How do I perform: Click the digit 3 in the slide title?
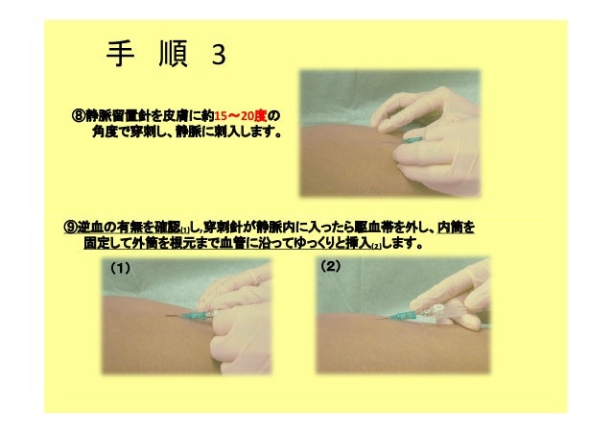point(219,55)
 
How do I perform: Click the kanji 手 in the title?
point(120,54)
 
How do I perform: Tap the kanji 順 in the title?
point(174,54)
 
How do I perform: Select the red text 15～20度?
point(241,116)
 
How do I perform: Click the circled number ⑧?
point(79,116)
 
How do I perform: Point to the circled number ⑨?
point(71,227)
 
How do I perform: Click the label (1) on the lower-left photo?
point(120,268)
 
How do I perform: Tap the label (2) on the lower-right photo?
point(330,266)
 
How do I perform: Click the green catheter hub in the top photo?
point(413,139)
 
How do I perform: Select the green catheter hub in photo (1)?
point(192,316)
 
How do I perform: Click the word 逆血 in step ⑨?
point(91,227)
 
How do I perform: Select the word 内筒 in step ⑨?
point(450,227)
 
